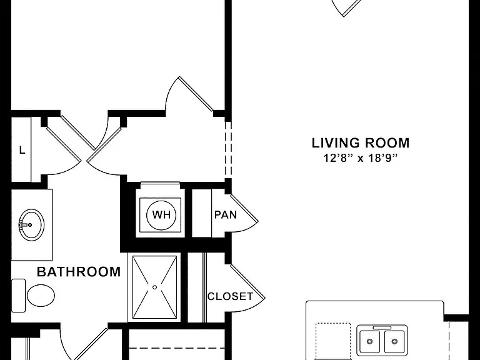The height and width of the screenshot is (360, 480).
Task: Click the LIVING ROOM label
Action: [360, 143]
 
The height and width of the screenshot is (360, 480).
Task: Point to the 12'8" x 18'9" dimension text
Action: [360, 158]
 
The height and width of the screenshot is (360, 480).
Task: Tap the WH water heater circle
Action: [161, 215]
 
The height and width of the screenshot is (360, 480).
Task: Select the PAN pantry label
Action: [226, 214]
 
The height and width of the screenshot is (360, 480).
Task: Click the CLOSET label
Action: [230, 296]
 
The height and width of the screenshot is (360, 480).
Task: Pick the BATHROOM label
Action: [79, 272]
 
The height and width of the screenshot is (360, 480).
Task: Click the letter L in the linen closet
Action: [22, 150]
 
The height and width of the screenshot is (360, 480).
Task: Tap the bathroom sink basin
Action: [31, 225]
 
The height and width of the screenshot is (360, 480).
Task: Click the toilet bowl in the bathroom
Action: [41, 296]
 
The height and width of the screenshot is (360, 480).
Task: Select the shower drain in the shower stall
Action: [154, 287]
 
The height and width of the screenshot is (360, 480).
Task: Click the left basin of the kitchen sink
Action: [370, 341]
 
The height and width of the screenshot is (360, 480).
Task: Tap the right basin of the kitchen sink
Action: [394, 341]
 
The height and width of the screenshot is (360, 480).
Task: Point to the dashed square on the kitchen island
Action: [333, 341]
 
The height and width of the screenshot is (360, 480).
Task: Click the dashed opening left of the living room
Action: [228, 150]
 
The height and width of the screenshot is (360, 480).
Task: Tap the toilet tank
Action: [18, 296]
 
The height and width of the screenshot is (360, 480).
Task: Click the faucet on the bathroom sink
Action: [25, 225]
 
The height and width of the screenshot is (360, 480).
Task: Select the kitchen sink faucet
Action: [382, 328]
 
